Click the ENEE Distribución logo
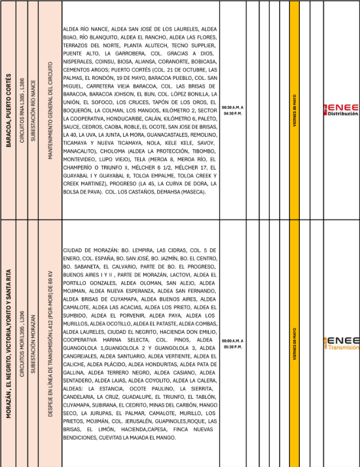pyautogui.click(x=341, y=109)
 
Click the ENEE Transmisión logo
pyautogui.click(x=341, y=343)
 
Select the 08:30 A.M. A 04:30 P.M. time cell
pyautogui.click(x=233, y=109)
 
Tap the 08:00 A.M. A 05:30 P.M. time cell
pyautogui.click(x=233, y=343)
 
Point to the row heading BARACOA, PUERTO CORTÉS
pyautogui.click(x=9, y=109)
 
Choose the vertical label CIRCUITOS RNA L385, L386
pyautogui.click(x=23, y=109)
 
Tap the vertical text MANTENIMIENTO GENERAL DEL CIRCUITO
pyautogui.click(x=50, y=109)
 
